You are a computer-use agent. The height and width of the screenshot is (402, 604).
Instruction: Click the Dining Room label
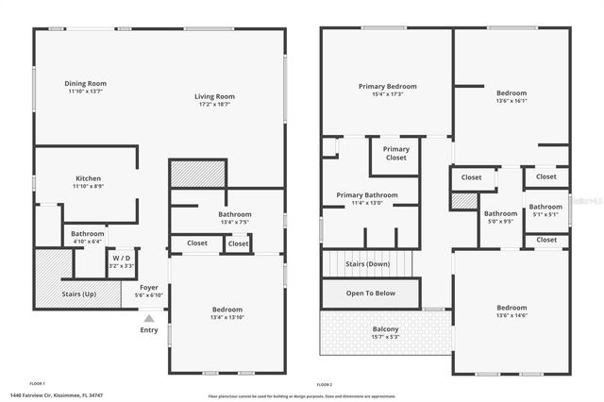(87, 83)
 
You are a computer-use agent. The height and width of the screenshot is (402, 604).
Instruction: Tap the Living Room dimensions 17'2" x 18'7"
(214, 105)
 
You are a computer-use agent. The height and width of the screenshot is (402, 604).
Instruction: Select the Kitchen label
(88, 178)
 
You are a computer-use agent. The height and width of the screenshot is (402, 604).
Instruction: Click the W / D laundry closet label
(121, 258)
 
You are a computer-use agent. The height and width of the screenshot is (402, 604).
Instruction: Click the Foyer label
(149, 287)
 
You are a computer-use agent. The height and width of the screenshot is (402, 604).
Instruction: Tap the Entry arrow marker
(149, 318)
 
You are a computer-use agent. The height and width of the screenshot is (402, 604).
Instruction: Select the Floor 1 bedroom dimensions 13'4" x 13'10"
(226, 318)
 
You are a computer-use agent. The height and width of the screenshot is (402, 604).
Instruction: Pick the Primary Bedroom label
(387, 87)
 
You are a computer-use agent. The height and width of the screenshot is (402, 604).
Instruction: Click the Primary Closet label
(396, 154)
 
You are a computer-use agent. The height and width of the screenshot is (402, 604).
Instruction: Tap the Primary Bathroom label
(367, 195)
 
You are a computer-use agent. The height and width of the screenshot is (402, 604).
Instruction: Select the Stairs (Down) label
(370, 264)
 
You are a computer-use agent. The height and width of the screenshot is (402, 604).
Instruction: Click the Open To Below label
(370, 293)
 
